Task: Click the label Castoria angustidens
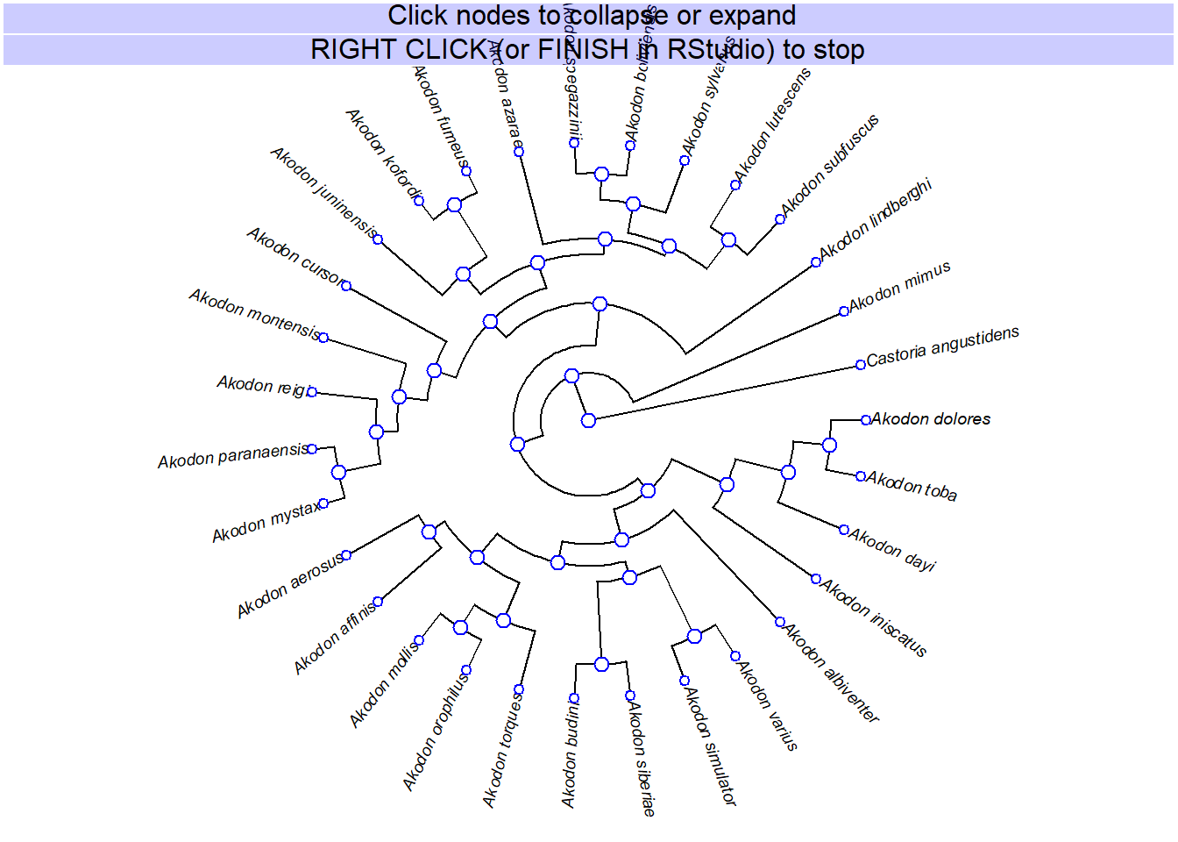pos(942,346)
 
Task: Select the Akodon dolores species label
pos(931,419)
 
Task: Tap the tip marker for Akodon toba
pos(861,476)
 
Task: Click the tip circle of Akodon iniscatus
pos(816,579)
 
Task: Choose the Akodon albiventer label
pos(831,673)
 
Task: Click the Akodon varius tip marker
pos(735,656)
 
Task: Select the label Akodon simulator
pos(710,746)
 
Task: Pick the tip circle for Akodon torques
pos(519,689)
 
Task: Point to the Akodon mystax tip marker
pos(323,503)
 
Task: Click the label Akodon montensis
pos(254,313)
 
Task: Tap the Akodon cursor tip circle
pos(346,286)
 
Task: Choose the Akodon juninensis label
pos(323,191)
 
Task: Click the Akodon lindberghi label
pos(875,219)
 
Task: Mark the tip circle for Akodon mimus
pos(844,311)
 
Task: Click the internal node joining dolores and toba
pos(829,446)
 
